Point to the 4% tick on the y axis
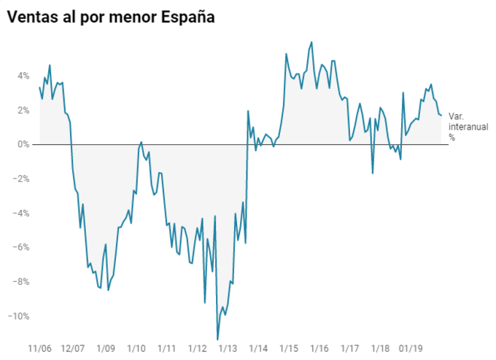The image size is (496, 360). pyautogui.click(x=23, y=76)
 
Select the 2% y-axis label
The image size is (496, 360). pyautogui.click(x=23, y=110)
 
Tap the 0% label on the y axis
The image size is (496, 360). pyautogui.click(x=23, y=144)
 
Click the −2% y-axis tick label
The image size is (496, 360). pyautogui.click(x=22, y=179)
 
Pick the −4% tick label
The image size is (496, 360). pyautogui.click(x=22, y=214)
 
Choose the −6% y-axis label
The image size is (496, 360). pyautogui.click(x=22, y=248)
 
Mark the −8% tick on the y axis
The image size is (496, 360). pyautogui.click(x=22, y=282)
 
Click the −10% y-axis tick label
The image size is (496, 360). pyautogui.click(x=20, y=316)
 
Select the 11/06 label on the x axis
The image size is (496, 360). pyautogui.click(x=39, y=348)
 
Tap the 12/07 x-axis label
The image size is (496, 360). pyautogui.click(x=73, y=348)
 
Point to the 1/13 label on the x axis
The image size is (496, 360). pyautogui.click(x=228, y=348)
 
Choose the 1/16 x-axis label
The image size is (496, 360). pyautogui.click(x=319, y=348)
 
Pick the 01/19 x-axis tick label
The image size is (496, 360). pyautogui.click(x=412, y=348)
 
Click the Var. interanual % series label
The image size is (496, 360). pyautogui.click(x=461, y=126)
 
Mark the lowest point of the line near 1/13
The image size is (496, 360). pyautogui.click(x=217, y=340)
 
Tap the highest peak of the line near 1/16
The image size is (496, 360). pyautogui.click(x=312, y=42)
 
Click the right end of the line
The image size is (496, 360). pyautogui.click(x=441, y=115)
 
